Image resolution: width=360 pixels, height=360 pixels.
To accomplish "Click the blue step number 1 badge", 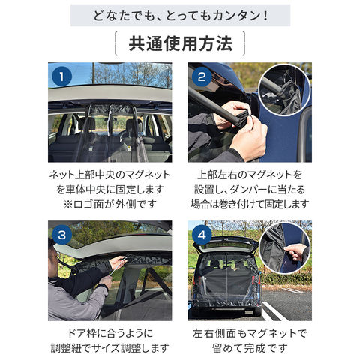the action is [x=61, y=76].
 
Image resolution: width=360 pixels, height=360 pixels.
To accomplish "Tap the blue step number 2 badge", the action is [x=202, y=76].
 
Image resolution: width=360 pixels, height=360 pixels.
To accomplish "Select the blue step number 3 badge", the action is [x=61, y=235].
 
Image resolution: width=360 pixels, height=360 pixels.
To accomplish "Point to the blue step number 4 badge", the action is [x=202, y=235].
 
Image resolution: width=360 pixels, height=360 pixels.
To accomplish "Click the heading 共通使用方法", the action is [x=181, y=43].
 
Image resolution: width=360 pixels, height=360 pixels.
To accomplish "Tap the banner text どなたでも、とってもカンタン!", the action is [x=181, y=16].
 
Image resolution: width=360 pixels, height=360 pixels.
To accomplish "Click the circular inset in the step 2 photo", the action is [x=284, y=90].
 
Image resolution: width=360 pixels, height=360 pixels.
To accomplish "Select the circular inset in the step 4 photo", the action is [x=286, y=248].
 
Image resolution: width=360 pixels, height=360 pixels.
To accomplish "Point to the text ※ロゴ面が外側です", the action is [x=110, y=205].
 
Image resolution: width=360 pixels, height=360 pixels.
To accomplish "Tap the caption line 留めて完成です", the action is [x=250, y=348].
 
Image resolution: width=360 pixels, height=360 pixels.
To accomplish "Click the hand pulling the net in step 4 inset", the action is [x=296, y=252].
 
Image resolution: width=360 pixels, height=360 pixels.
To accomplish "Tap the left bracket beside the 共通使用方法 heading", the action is [x=116, y=43].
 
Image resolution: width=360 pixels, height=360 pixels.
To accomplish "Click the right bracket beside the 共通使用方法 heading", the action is [x=244, y=43].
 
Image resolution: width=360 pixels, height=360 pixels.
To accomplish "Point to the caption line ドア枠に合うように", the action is [x=110, y=333].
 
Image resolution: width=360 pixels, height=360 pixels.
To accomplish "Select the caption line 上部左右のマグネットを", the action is [x=250, y=175].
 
